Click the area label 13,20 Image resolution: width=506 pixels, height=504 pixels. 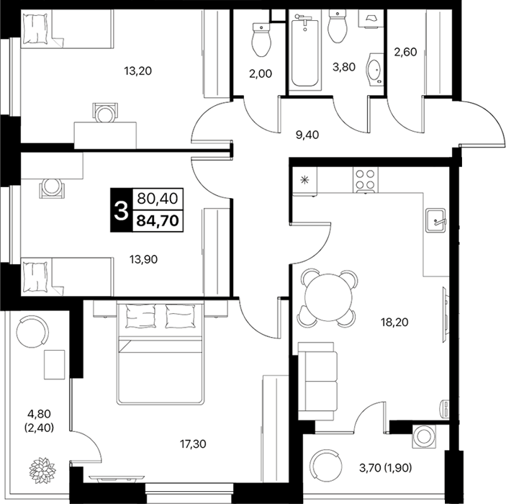(137, 71)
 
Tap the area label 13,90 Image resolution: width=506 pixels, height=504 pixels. (144, 259)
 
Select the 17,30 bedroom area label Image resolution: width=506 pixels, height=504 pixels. (193, 444)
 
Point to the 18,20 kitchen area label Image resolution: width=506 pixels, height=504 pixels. (394, 322)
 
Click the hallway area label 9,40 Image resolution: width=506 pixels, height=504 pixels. (307, 135)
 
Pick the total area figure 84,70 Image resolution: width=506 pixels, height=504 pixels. (158, 221)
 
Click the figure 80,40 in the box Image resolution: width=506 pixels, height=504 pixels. (158, 198)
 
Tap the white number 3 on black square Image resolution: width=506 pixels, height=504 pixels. (122, 210)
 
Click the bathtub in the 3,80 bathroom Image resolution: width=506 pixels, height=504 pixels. (305, 49)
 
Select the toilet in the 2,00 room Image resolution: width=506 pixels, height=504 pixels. (261, 39)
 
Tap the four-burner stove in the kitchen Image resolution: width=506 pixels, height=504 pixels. (366, 179)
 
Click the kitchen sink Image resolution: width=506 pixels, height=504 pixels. (435, 220)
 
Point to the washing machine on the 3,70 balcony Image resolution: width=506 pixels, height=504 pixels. (424, 436)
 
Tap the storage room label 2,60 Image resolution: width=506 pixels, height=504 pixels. (406, 52)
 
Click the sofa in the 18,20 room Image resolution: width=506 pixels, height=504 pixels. (317, 381)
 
